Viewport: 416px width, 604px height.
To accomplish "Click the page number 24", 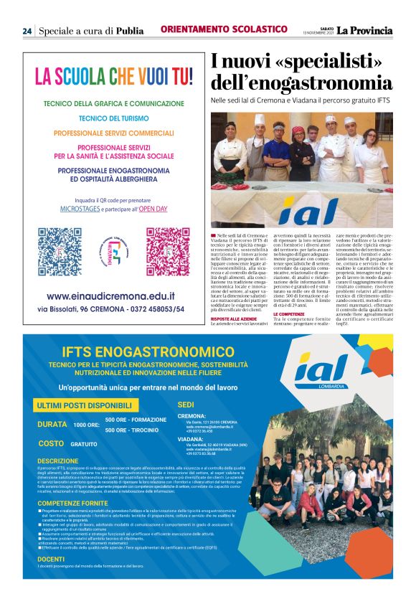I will pyautogui.click(x=27, y=30).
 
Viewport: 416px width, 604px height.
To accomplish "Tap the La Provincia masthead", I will pyautogui.click(x=365, y=30).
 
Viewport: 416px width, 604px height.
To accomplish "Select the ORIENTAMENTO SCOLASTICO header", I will pyautogui.click(x=224, y=29).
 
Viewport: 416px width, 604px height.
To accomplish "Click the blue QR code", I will pyautogui.click(x=60, y=252).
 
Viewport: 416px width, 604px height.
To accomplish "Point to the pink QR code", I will pyautogui.click(x=168, y=252).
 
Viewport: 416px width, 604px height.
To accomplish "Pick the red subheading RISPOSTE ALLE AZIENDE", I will pyautogui.click(x=234, y=318).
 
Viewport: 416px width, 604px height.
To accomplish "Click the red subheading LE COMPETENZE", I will pyautogui.click(x=289, y=314).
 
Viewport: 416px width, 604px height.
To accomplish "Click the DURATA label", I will pyautogui.click(x=52, y=424).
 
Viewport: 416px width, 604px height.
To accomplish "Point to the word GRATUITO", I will pyautogui.click(x=85, y=444).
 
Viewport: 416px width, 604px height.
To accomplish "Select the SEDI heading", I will pyautogui.click(x=185, y=405).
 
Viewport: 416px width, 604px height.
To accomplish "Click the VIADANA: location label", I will pyautogui.click(x=190, y=438).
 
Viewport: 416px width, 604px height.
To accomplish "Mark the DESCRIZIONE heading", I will pyautogui.click(x=58, y=461).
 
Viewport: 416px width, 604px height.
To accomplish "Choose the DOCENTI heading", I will pyautogui.click(x=51, y=557).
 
